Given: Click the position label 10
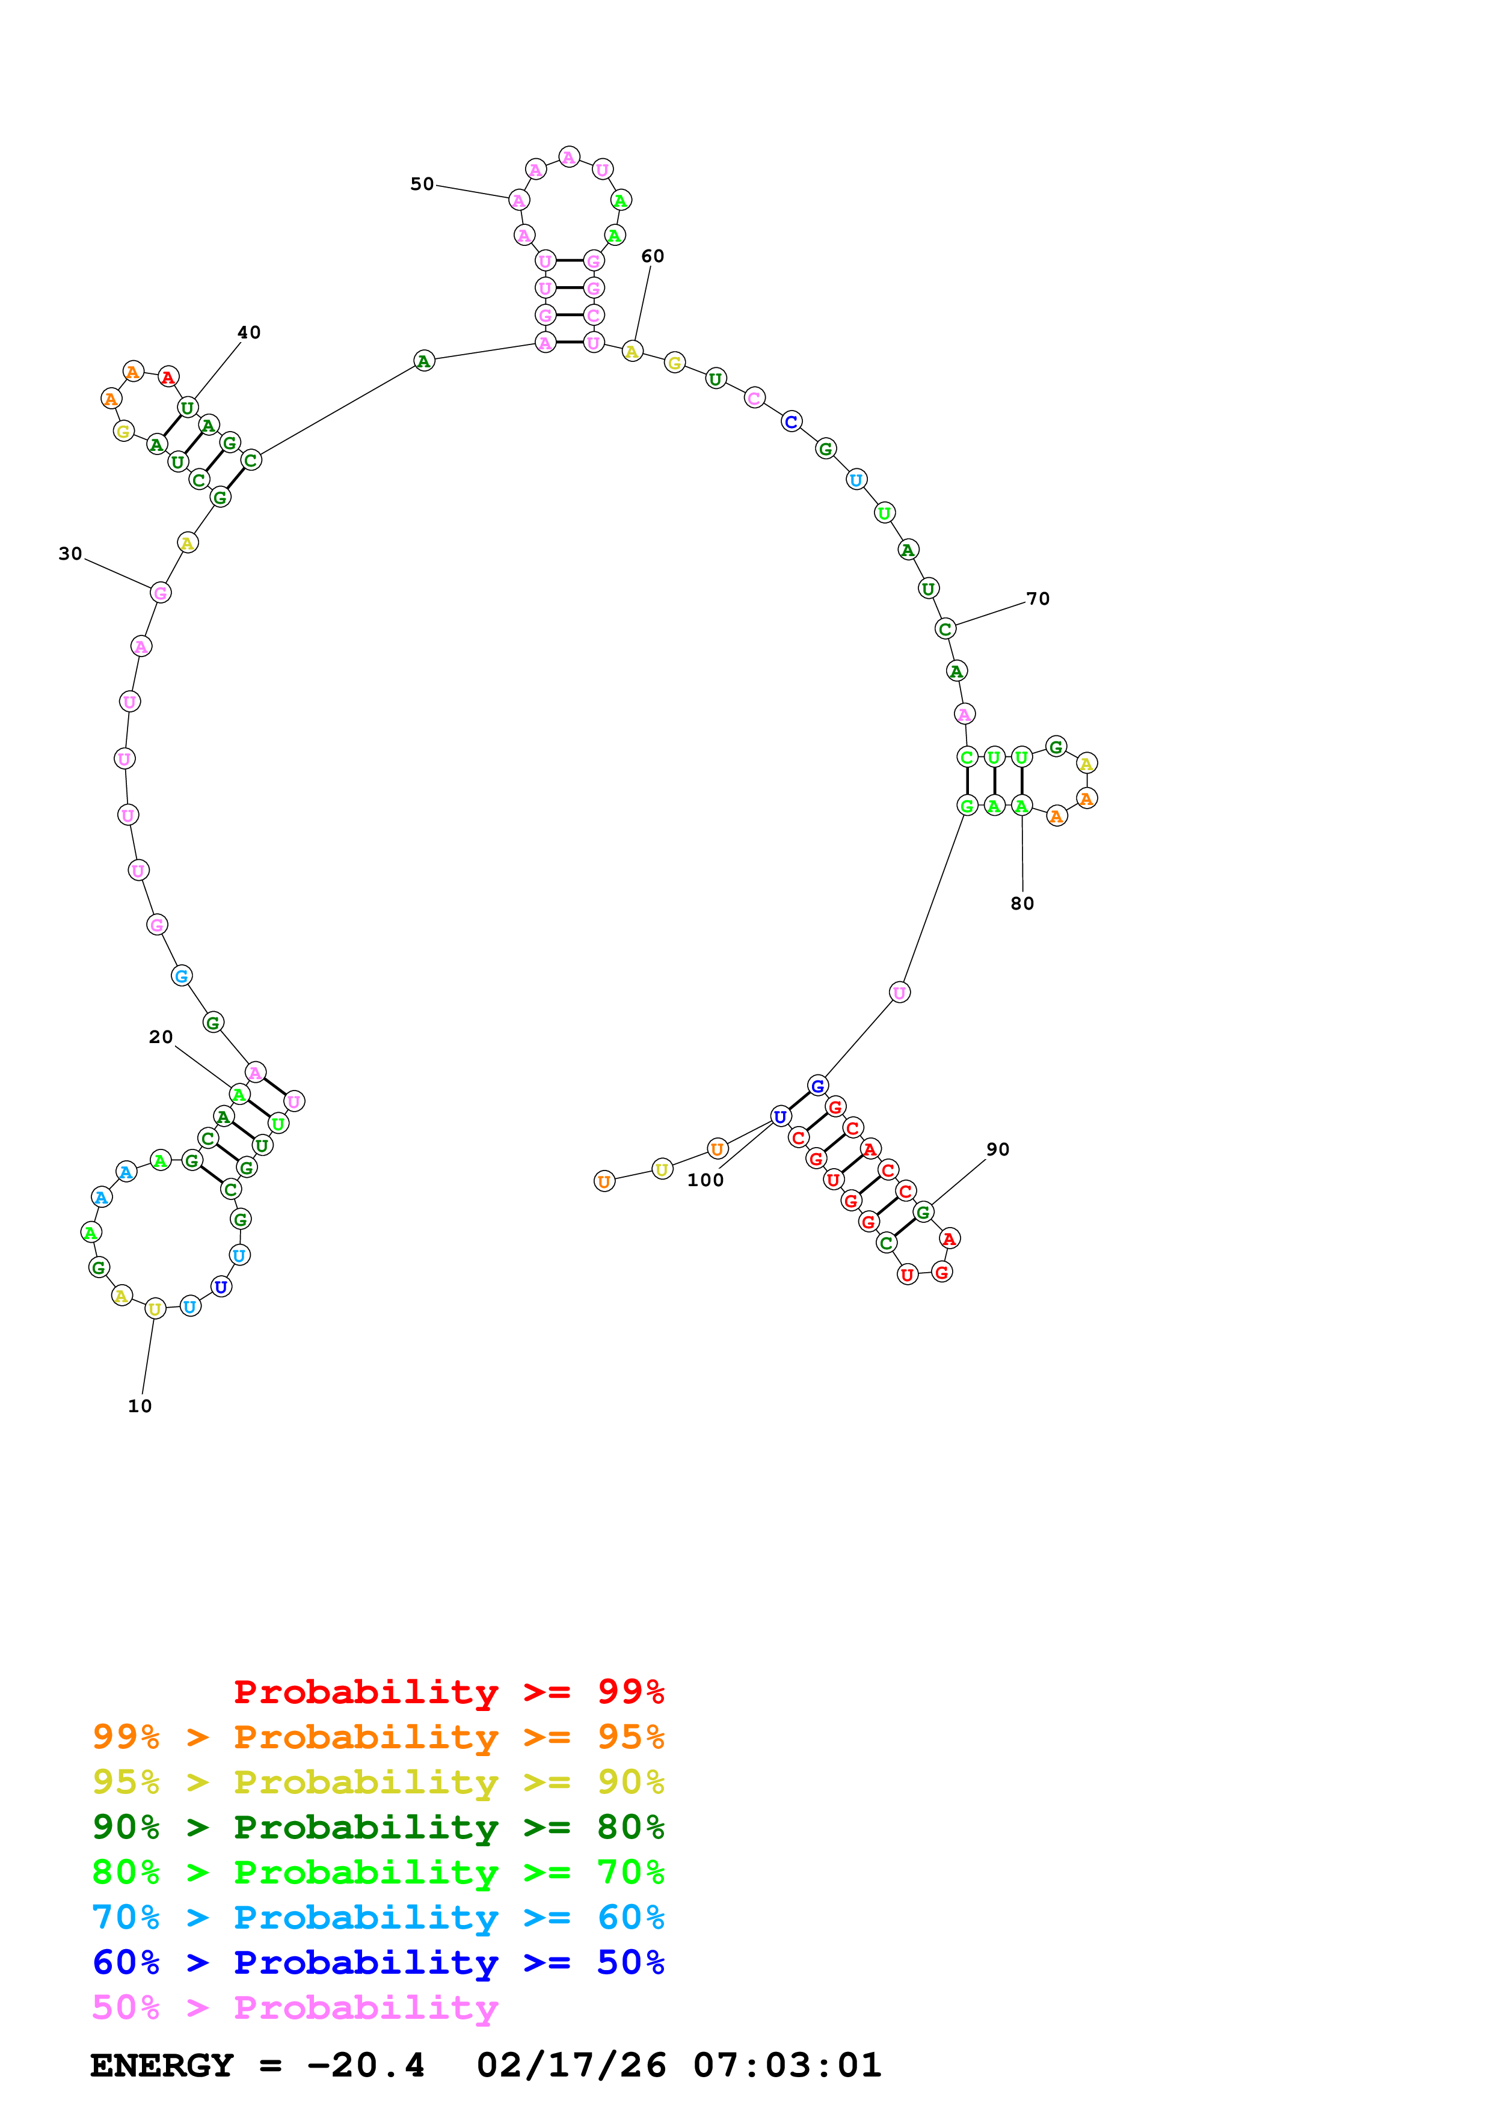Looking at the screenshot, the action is [140, 1406].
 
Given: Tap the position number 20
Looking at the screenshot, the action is [161, 1037].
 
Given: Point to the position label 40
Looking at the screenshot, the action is [249, 332].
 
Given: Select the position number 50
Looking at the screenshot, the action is [422, 184].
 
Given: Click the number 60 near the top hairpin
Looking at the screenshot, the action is [652, 256].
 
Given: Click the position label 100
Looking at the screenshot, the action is [706, 1180].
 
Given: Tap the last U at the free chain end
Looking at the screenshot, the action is [604, 1181].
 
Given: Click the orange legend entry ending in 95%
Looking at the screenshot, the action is [378, 1737].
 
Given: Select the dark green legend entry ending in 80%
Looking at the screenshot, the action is [378, 1827].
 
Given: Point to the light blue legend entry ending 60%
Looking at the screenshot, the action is [378, 1917].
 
